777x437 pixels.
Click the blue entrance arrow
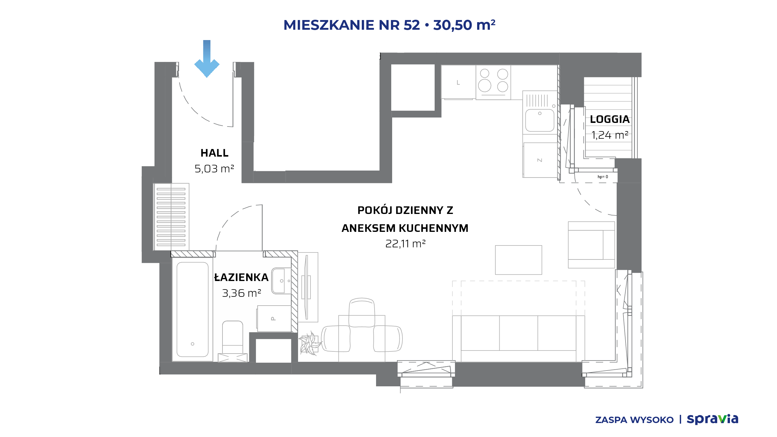(x=207, y=59)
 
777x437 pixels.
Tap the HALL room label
(x=214, y=153)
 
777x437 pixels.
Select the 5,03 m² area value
(x=214, y=168)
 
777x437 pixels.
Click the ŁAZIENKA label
(x=241, y=277)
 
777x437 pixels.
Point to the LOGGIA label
(x=609, y=119)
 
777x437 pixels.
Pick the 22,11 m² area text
(x=405, y=244)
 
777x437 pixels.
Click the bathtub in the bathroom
(x=192, y=310)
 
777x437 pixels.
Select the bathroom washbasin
(x=281, y=281)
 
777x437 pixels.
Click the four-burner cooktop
(x=493, y=82)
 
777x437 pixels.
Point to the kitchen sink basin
(x=540, y=120)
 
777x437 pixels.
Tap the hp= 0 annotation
(x=603, y=177)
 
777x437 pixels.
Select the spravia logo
(x=712, y=419)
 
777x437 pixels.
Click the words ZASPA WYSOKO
(x=634, y=420)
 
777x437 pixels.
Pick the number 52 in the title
(x=412, y=25)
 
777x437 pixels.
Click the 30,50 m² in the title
(x=464, y=25)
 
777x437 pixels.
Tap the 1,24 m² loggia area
(x=609, y=135)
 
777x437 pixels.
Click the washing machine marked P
(x=274, y=318)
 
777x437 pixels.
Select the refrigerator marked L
(x=458, y=82)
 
